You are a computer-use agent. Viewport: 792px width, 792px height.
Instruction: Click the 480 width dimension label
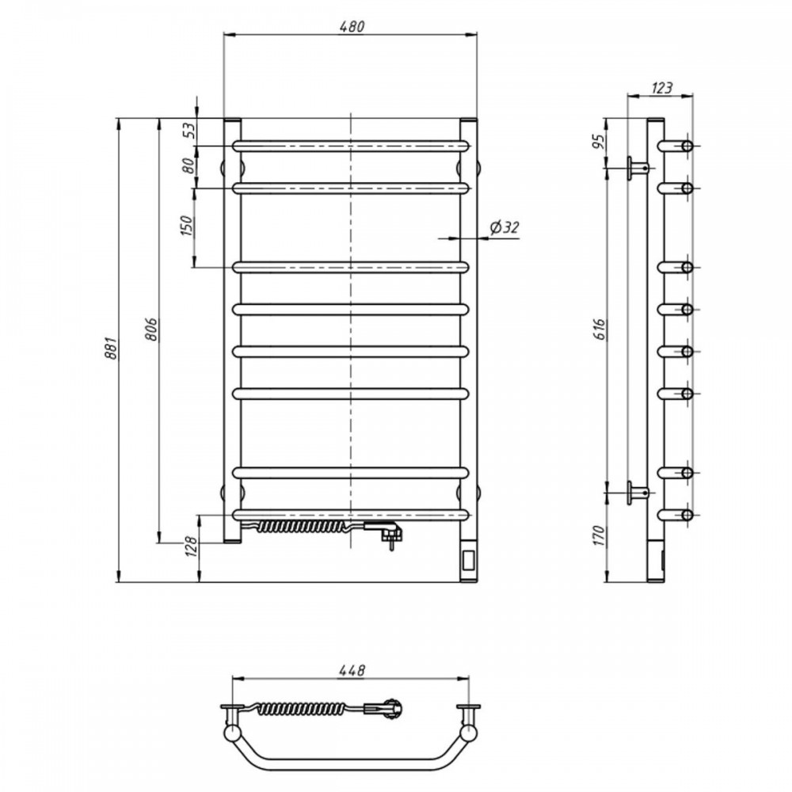tap(352, 26)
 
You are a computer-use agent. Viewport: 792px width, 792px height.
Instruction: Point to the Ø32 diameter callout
tap(504, 228)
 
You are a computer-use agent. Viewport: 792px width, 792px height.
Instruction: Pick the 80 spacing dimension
tap(188, 166)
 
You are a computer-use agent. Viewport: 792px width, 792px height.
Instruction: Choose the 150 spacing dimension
tap(186, 226)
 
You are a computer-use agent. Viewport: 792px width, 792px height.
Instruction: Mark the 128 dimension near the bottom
tap(192, 546)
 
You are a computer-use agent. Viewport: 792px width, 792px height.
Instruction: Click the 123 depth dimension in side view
tap(661, 88)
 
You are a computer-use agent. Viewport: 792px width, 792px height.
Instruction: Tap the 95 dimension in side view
tap(599, 142)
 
